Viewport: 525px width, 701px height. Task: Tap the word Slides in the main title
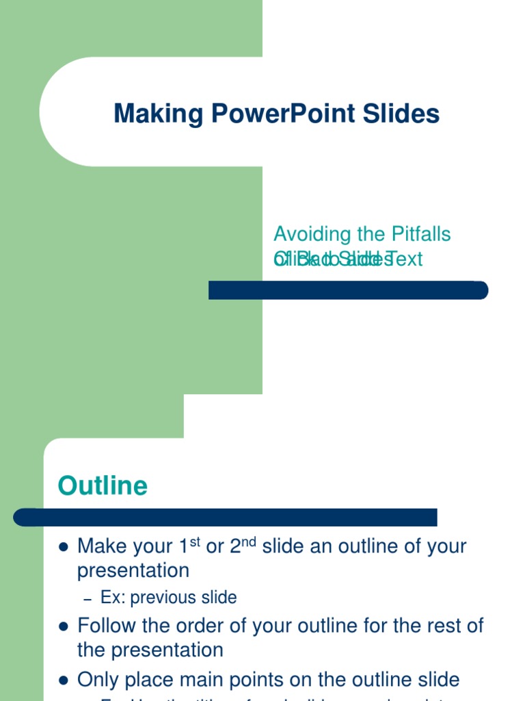pos(405,114)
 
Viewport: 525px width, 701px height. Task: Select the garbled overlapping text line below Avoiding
pos(348,259)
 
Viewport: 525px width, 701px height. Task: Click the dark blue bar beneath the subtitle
pos(348,290)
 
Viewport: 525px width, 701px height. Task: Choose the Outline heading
pos(103,485)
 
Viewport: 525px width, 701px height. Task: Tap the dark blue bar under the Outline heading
pos(226,518)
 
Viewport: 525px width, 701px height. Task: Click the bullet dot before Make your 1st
pos(64,547)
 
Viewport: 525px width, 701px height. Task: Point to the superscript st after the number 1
pos(195,541)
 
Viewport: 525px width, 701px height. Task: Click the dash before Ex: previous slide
pos(87,599)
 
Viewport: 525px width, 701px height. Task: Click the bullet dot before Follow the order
pos(64,626)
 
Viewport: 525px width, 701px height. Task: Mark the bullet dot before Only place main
pos(64,680)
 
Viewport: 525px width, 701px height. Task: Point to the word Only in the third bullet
pos(96,680)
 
